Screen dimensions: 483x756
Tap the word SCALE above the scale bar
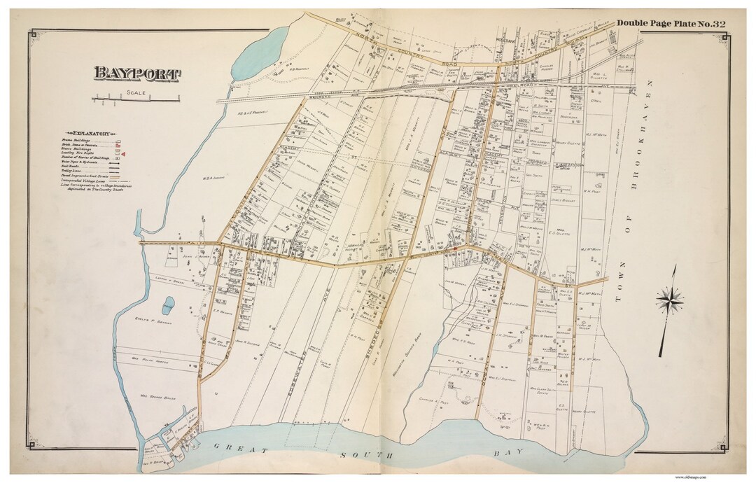(x=135, y=93)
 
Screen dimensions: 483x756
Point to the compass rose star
(x=670, y=300)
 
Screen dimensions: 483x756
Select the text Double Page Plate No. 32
(x=671, y=24)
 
